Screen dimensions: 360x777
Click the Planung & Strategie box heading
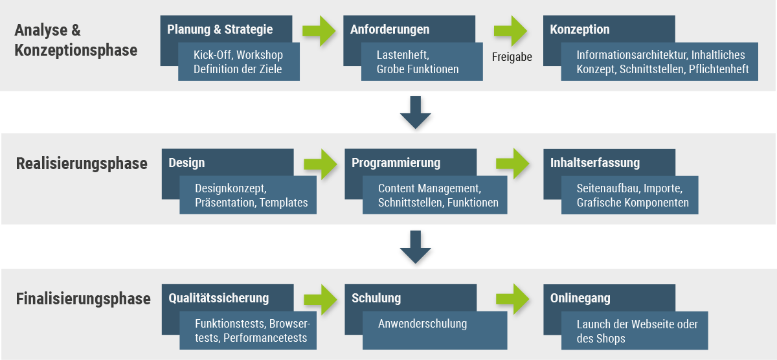(x=220, y=30)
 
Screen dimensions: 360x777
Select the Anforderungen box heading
(x=390, y=30)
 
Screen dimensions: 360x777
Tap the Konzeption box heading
(x=580, y=30)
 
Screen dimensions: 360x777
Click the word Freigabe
(x=512, y=57)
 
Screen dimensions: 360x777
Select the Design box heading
(x=186, y=163)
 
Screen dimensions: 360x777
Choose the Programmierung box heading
(x=396, y=163)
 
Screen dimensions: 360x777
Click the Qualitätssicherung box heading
(x=218, y=298)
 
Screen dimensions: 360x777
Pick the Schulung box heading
(x=376, y=298)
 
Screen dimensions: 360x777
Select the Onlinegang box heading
(x=580, y=298)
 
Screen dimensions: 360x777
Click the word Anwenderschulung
(x=422, y=324)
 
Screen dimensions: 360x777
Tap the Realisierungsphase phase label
(x=82, y=164)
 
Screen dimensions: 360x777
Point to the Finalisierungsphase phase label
(x=83, y=299)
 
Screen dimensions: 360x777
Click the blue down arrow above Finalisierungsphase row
(x=416, y=247)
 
